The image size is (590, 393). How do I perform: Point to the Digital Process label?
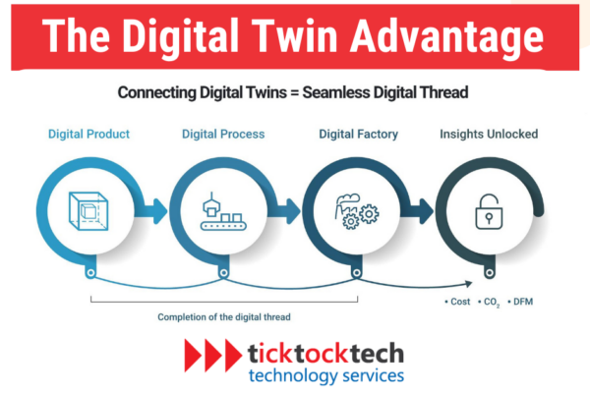(220, 134)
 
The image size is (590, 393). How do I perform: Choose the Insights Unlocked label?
(489, 134)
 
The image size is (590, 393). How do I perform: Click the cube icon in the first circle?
(90, 209)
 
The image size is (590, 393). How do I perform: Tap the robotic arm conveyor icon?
(221, 208)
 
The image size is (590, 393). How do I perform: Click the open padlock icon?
(484, 210)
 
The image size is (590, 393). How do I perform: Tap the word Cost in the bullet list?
(458, 298)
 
